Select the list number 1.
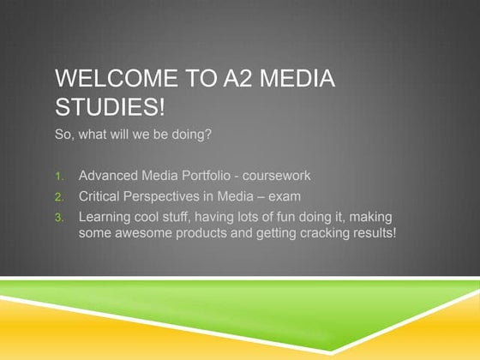[x=59, y=177]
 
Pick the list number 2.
[x=59, y=198]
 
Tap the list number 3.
[x=59, y=218]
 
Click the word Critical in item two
[x=99, y=197]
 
